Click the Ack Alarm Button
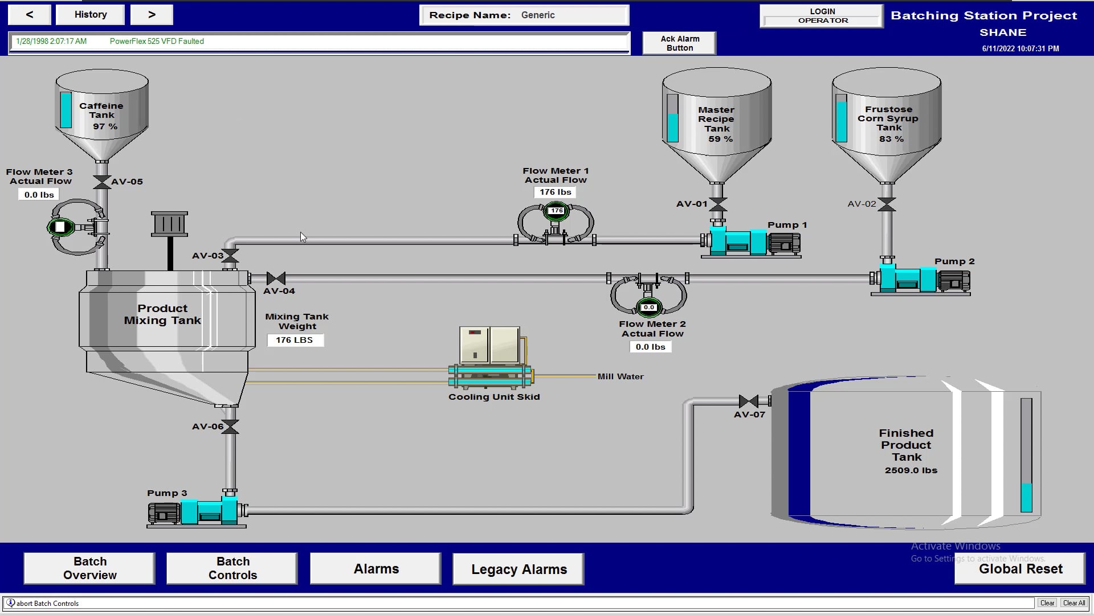(679, 43)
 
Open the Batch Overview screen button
(89, 568)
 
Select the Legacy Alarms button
(519, 569)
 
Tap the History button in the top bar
(90, 15)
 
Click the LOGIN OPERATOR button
(822, 16)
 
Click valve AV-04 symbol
(276, 278)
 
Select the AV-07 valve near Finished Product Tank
(748, 401)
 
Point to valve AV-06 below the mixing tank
(230, 427)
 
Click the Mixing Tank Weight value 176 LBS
(295, 340)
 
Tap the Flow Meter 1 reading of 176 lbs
(556, 192)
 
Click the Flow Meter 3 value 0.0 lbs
(39, 195)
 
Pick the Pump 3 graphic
(197, 510)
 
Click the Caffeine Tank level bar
(66, 110)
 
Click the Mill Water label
(621, 376)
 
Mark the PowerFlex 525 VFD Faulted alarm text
(157, 41)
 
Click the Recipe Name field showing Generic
(570, 15)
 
